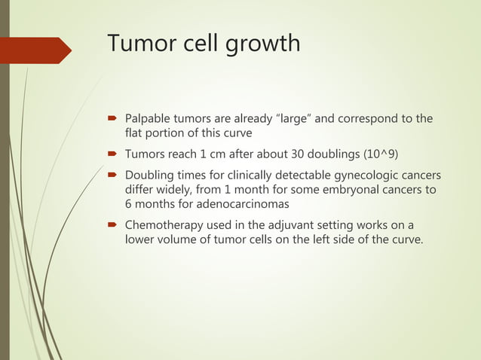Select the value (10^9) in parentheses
(384, 155)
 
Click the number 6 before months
(129, 206)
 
